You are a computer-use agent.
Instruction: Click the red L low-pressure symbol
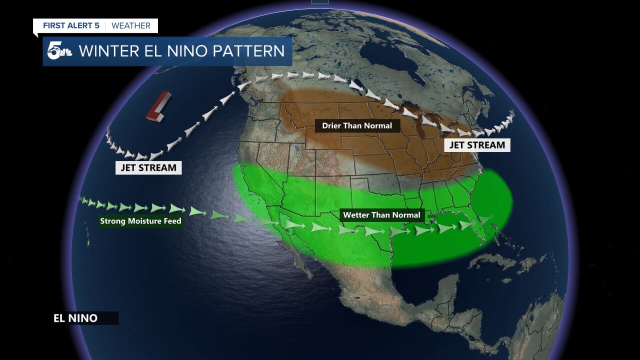click(x=158, y=106)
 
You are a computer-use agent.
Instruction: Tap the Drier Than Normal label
click(x=356, y=125)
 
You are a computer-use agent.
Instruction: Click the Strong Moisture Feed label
click(x=140, y=221)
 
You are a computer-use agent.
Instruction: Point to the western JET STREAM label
click(x=148, y=167)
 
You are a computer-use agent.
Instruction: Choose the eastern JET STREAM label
click(x=477, y=145)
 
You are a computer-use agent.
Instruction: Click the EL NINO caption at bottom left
click(x=75, y=318)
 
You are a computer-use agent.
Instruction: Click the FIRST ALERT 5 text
click(x=71, y=25)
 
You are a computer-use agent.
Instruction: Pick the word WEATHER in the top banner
click(x=131, y=25)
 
